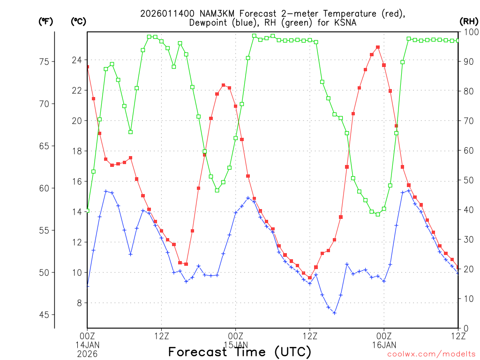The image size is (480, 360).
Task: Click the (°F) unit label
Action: point(46,21)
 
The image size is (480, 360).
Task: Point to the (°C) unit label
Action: point(78,21)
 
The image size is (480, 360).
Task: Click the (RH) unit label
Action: point(469,21)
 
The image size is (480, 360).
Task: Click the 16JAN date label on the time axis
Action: point(384,345)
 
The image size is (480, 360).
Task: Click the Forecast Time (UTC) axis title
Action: point(240,352)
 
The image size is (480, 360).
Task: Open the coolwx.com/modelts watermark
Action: point(431,354)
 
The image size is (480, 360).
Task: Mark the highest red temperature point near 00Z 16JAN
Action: point(378,47)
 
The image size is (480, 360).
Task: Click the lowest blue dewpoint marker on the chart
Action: point(335,313)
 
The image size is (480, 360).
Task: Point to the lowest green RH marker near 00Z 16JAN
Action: point(378,214)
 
